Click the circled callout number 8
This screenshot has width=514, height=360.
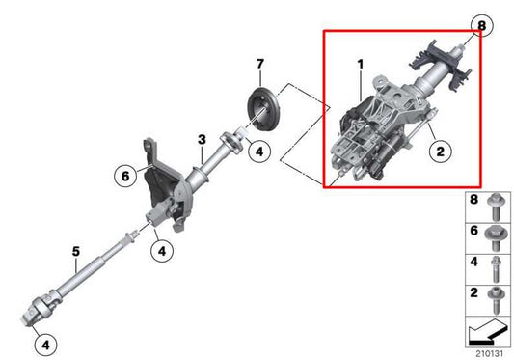(x=482, y=23)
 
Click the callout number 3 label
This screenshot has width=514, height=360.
(x=201, y=140)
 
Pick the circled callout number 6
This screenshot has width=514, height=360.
(x=123, y=177)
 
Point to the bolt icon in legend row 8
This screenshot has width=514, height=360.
(x=495, y=206)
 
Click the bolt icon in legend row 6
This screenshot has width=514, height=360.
(x=495, y=235)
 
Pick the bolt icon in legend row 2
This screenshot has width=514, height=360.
(x=495, y=293)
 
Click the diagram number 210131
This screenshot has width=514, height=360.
(x=489, y=351)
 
